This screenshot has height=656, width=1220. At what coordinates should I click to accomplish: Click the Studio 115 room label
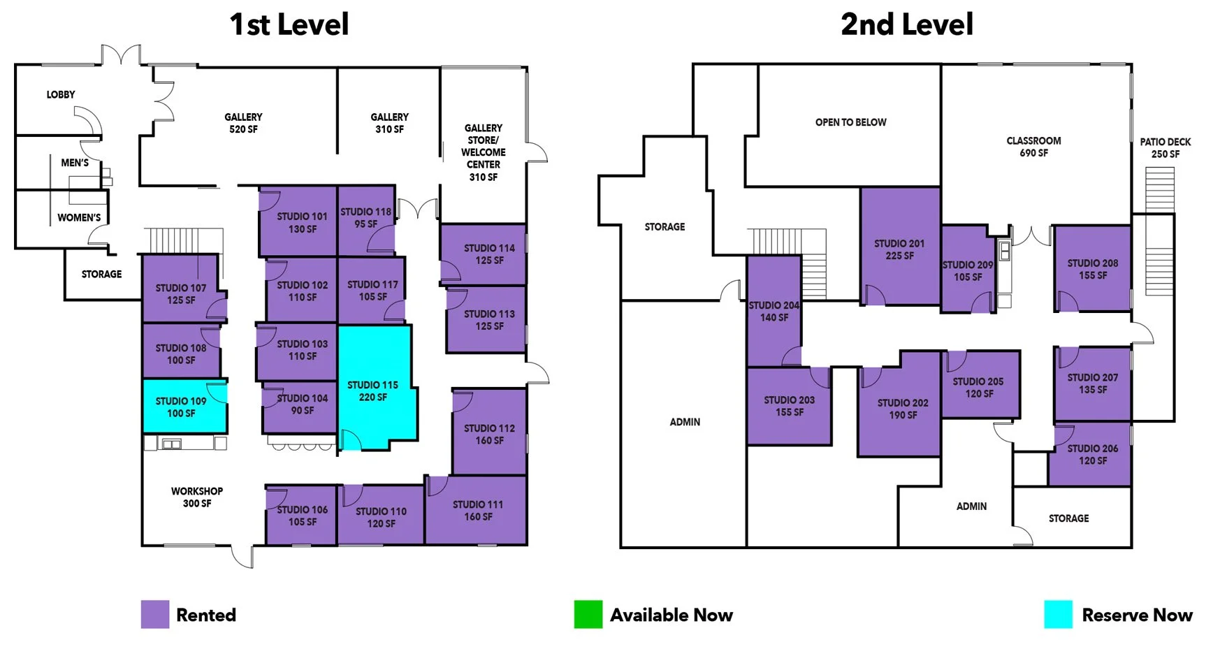click(x=372, y=391)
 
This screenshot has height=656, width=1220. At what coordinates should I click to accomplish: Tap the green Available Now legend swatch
click(x=588, y=614)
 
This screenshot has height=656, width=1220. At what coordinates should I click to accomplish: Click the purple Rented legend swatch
click(x=154, y=614)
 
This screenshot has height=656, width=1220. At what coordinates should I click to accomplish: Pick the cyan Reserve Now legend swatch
click(x=1058, y=614)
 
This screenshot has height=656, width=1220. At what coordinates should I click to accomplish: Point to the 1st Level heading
click(x=289, y=25)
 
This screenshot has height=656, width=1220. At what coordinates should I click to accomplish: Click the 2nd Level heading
click(x=906, y=25)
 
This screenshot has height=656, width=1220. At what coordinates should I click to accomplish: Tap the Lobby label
click(x=61, y=94)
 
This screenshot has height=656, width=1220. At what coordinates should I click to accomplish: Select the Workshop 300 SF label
click(x=197, y=497)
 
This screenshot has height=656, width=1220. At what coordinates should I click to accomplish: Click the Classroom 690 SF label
click(x=1033, y=147)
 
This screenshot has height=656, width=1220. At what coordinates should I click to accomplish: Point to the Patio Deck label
click(x=1165, y=147)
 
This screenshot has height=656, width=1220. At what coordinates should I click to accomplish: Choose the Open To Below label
click(x=850, y=122)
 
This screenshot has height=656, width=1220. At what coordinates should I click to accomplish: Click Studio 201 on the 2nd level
click(x=899, y=249)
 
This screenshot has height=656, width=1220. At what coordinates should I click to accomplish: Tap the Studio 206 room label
click(x=1092, y=454)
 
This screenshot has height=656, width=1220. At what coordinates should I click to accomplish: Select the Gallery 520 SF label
click(x=243, y=123)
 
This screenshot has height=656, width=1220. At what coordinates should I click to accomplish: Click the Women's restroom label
click(x=79, y=217)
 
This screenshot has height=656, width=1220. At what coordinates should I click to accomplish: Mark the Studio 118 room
click(x=365, y=218)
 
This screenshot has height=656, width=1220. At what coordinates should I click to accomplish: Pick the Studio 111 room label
click(x=478, y=510)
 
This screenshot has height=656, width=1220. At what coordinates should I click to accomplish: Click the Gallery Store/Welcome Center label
click(x=483, y=152)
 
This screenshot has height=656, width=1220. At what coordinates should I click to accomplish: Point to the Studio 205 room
click(x=978, y=387)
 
